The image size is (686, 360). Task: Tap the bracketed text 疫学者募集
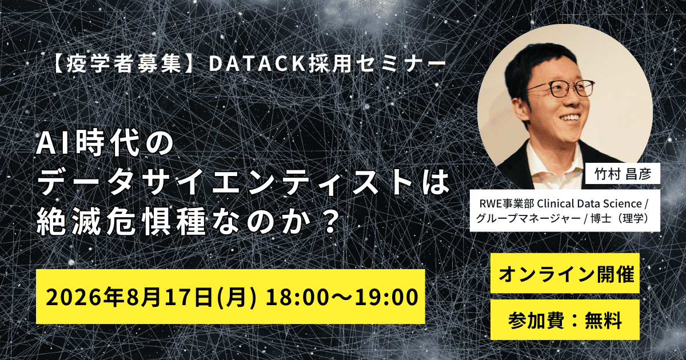[x=123, y=65]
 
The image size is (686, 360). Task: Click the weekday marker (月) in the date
[x=236, y=297]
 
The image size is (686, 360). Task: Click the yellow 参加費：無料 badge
[x=565, y=321]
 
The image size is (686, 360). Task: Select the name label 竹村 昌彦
[x=623, y=174]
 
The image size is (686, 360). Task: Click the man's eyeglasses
[x=560, y=89]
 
